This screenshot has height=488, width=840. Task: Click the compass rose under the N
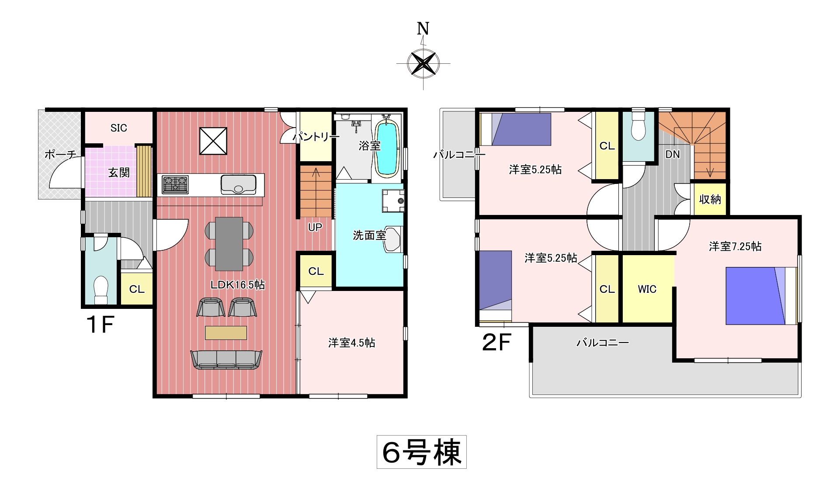tap(423, 63)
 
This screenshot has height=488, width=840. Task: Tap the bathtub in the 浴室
tap(386, 147)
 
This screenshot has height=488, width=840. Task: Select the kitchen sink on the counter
tap(238, 184)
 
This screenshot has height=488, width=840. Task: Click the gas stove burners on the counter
tap(175, 184)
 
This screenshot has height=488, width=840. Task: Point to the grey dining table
tap(229, 244)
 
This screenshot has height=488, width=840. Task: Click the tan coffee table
tap(226, 332)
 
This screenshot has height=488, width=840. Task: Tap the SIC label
tap(118, 128)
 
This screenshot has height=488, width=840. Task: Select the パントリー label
tap(316, 137)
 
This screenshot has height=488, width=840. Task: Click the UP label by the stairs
tap(315, 227)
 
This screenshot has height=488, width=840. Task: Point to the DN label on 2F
tap(673, 154)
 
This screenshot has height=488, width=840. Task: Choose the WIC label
tap(647, 289)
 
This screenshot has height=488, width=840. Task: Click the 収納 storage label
tap(710, 199)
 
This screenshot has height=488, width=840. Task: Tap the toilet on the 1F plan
tap(101, 290)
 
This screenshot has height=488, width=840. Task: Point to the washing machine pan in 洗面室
tap(393, 201)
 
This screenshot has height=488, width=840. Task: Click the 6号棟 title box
tap(422, 452)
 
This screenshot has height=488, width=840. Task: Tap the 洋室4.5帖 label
tap(352, 343)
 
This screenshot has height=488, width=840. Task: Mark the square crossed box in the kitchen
tap(213, 141)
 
